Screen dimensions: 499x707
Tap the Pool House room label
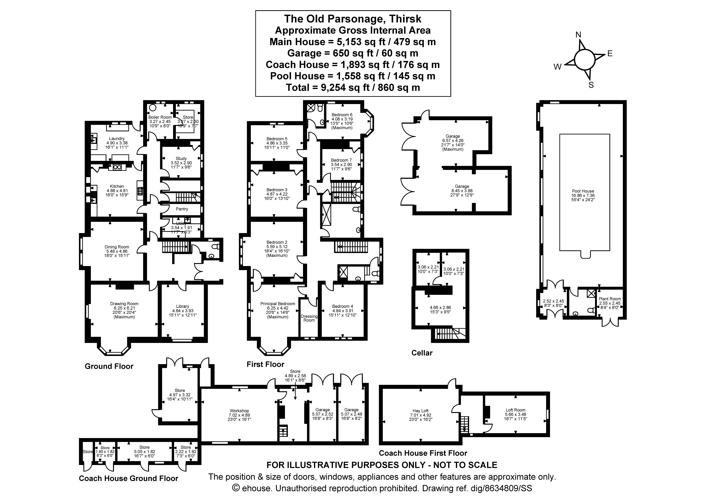pyautogui.click(x=583, y=191)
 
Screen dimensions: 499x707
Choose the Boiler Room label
pyautogui.click(x=160, y=117)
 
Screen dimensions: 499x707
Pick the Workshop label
pyautogui.click(x=239, y=411)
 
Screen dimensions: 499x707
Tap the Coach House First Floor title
pyautogui.click(x=423, y=453)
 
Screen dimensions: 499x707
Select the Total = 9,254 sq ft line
pyautogui.click(x=353, y=88)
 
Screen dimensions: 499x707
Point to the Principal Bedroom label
pyautogui.click(x=277, y=304)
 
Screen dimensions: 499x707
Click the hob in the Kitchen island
pyautogui.click(x=140, y=191)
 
